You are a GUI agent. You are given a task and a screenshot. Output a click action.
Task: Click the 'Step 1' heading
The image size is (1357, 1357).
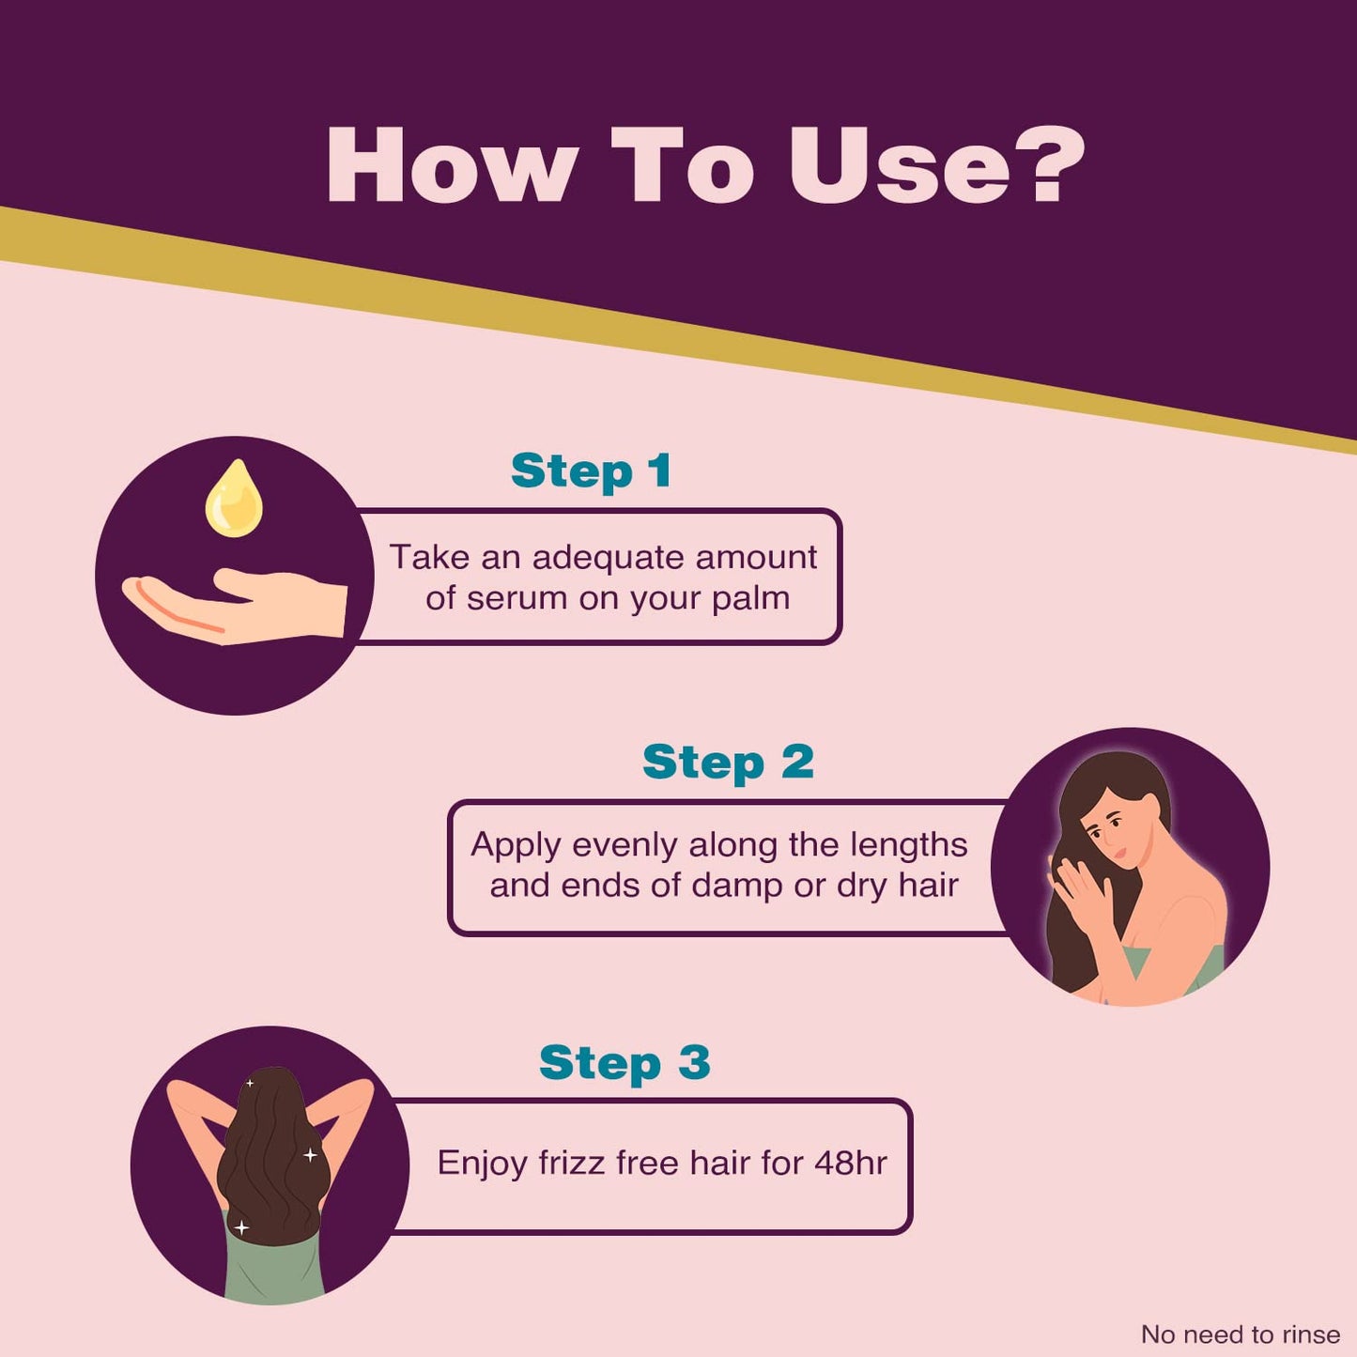tap(591, 470)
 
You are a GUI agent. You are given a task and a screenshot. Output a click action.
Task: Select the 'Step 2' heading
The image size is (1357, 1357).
tap(728, 763)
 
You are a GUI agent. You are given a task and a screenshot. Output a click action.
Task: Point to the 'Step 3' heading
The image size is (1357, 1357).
tap(625, 1063)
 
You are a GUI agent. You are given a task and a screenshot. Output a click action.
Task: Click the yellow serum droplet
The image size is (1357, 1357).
tap(234, 499)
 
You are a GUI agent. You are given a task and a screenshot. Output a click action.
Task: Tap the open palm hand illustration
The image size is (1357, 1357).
tap(235, 607)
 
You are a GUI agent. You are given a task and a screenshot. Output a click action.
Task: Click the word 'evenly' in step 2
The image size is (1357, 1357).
tap(625, 845)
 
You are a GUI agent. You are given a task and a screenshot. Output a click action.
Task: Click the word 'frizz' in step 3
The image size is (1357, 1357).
tap(573, 1163)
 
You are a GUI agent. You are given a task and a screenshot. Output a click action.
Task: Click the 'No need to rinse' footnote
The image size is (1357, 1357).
tap(1241, 1334)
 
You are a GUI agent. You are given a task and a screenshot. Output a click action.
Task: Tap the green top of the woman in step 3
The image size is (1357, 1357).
tap(273, 1259)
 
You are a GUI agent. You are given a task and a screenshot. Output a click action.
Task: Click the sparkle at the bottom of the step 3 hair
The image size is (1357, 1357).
tap(241, 1228)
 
